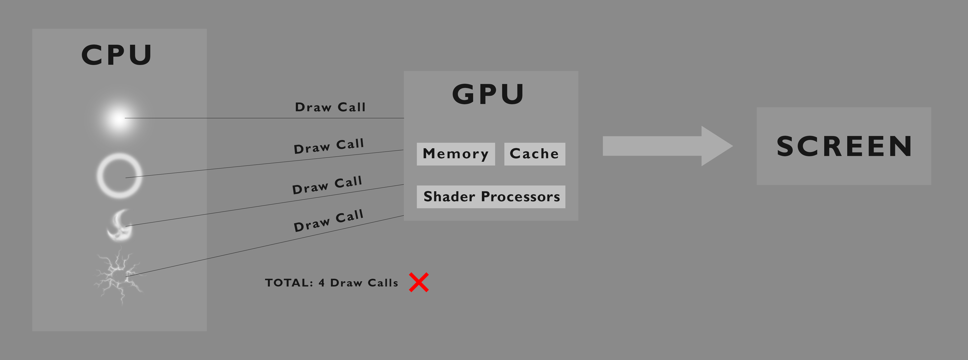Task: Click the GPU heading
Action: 488,94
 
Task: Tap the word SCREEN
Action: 844,146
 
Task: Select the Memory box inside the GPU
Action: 455,154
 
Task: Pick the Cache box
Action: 534,154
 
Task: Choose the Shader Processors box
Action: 491,196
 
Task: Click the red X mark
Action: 419,282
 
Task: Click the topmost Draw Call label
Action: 330,107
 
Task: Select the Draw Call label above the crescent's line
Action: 327,185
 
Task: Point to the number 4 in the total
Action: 321,282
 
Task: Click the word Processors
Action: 520,196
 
